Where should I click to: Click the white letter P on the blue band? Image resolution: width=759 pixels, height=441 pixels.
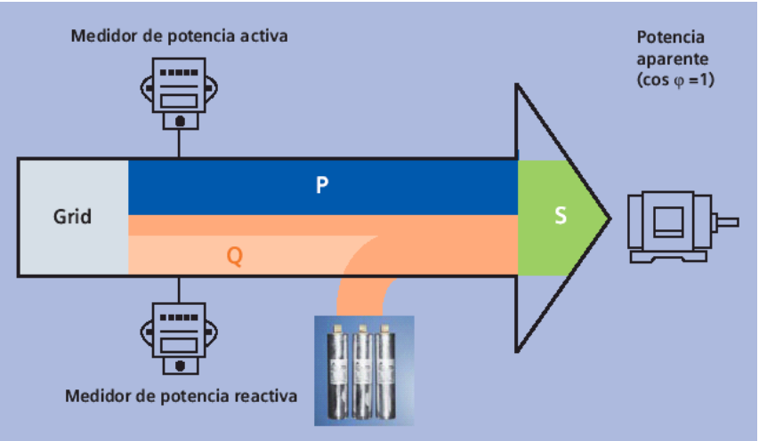[x=322, y=185]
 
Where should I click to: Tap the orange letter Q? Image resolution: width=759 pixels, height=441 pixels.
[x=234, y=256]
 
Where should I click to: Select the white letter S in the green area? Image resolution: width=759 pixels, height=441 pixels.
[x=561, y=216]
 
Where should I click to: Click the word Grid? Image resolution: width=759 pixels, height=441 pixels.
[x=72, y=216]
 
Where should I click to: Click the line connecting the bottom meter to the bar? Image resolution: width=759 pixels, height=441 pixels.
[x=180, y=288]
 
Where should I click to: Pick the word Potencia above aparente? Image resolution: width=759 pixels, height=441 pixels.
[x=671, y=37]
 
